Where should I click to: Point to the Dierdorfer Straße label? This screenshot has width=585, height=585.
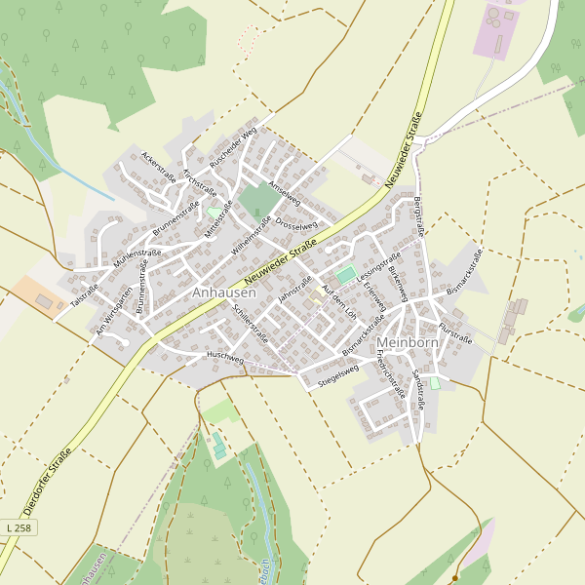48,481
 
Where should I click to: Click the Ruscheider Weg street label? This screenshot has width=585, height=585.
233,145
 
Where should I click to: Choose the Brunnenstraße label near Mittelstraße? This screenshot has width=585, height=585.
176,218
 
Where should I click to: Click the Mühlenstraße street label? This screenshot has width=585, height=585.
136,258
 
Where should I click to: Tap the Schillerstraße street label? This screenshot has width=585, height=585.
252,322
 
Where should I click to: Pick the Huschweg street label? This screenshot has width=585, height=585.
225,358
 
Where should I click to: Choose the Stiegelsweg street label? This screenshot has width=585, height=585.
338,376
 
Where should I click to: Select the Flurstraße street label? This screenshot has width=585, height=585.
455,332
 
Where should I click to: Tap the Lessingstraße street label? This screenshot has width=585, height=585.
379,268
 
